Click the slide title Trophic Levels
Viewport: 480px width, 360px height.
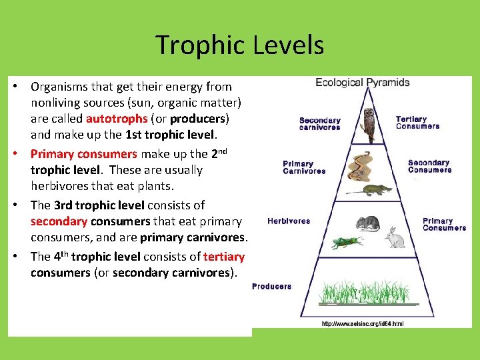click(x=240, y=45)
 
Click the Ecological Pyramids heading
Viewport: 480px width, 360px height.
click(x=363, y=83)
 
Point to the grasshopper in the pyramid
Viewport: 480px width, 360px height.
click(x=347, y=242)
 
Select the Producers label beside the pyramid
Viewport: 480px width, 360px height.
click(x=271, y=287)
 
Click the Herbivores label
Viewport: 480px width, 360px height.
click(x=289, y=221)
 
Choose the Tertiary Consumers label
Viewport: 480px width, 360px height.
click(x=417, y=123)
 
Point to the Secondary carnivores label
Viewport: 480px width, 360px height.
click(x=319, y=124)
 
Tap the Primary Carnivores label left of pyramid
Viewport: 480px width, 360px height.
click(x=304, y=167)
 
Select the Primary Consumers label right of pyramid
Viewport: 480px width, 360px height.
click(x=444, y=225)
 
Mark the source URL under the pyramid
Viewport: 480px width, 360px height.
click(x=363, y=324)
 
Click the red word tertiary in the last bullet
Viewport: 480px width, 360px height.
click(x=224, y=257)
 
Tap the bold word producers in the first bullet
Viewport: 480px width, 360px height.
click(x=198, y=119)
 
